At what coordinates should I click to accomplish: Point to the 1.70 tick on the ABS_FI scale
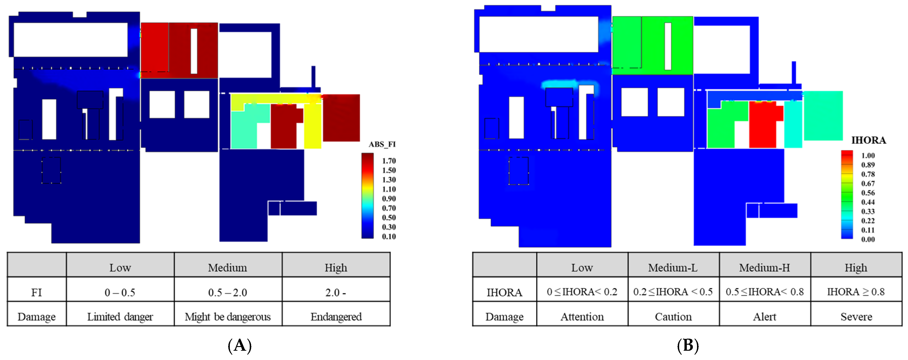click(x=389, y=161)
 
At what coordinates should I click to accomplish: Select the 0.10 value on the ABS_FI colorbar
click(x=389, y=237)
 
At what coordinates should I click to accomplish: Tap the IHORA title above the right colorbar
click(x=869, y=140)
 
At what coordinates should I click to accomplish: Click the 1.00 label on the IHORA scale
click(x=868, y=156)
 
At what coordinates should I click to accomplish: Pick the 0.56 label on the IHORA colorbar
click(x=868, y=193)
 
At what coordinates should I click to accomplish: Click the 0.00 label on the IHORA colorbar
click(x=868, y=239)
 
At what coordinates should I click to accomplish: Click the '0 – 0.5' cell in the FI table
click(x=120, y=292)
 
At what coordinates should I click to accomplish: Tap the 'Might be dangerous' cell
click(x=228, y=317)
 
